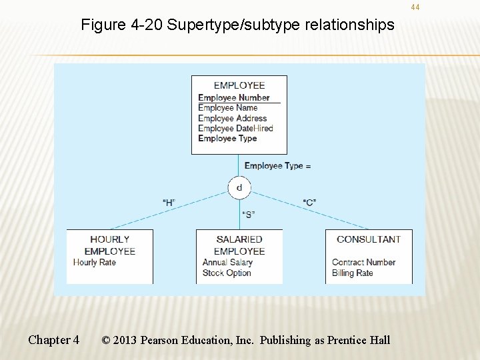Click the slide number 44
[415, 7]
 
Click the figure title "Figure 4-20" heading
[237, 25]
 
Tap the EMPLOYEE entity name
[239, 85]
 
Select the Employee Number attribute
[233, 97]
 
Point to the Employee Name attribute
[227, 107]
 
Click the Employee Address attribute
[232, 118]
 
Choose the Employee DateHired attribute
[235, 128]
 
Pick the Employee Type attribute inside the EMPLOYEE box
[227, 139]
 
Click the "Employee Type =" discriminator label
[277, 166]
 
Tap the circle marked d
[239, 187]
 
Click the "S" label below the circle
[248, 215]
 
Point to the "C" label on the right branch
[309, 202]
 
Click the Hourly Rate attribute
[94, 263]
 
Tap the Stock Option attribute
[227, 273]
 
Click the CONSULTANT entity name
[369, 239]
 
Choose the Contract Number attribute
[363, 263]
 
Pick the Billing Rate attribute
[352, 273]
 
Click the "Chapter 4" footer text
[53, 340]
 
